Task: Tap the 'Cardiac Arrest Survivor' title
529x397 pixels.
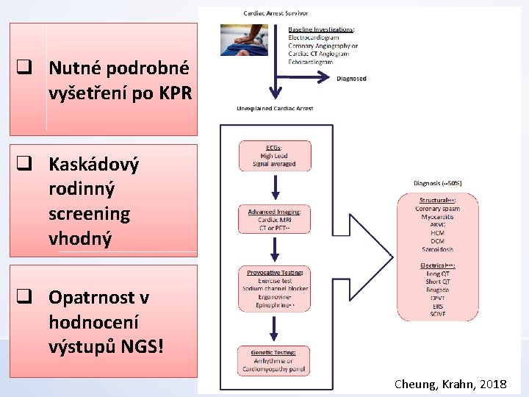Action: (x=276, y=13)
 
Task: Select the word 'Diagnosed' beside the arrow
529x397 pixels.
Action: (x=351, y=79)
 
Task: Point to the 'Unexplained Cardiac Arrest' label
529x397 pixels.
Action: (x=275, y=108)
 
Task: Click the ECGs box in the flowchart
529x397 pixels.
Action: (x=274, y=156)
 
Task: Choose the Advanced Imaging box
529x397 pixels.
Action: (x=274, y=219)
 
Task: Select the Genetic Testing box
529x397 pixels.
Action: (x=274, y=360)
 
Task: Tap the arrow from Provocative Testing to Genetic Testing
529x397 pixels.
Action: (x=274, y=328)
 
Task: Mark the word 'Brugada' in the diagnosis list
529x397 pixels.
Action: (x=437, y=290)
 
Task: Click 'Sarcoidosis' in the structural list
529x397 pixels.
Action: (x=437, y=249)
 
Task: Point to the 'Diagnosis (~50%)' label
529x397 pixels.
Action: (x=438, y=183)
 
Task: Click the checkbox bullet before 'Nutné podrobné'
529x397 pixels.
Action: (x=24, y=69)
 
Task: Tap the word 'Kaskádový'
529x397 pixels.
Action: (x=93, y=164)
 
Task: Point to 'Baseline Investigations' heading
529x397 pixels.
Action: (x=321, y=29)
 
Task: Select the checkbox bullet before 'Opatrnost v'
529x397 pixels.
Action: (x=24, y=298)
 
